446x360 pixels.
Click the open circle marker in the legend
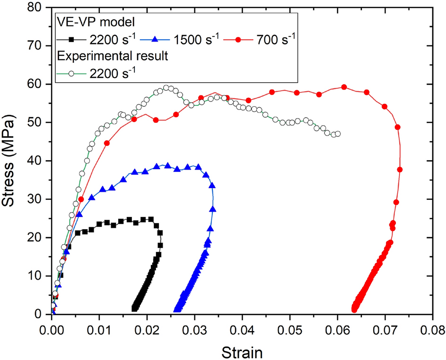pos(73,72)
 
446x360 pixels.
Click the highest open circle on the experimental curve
pos(166,88)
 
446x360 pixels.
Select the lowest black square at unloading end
pos(134,308)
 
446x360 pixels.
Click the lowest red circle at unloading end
pos(354,309)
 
